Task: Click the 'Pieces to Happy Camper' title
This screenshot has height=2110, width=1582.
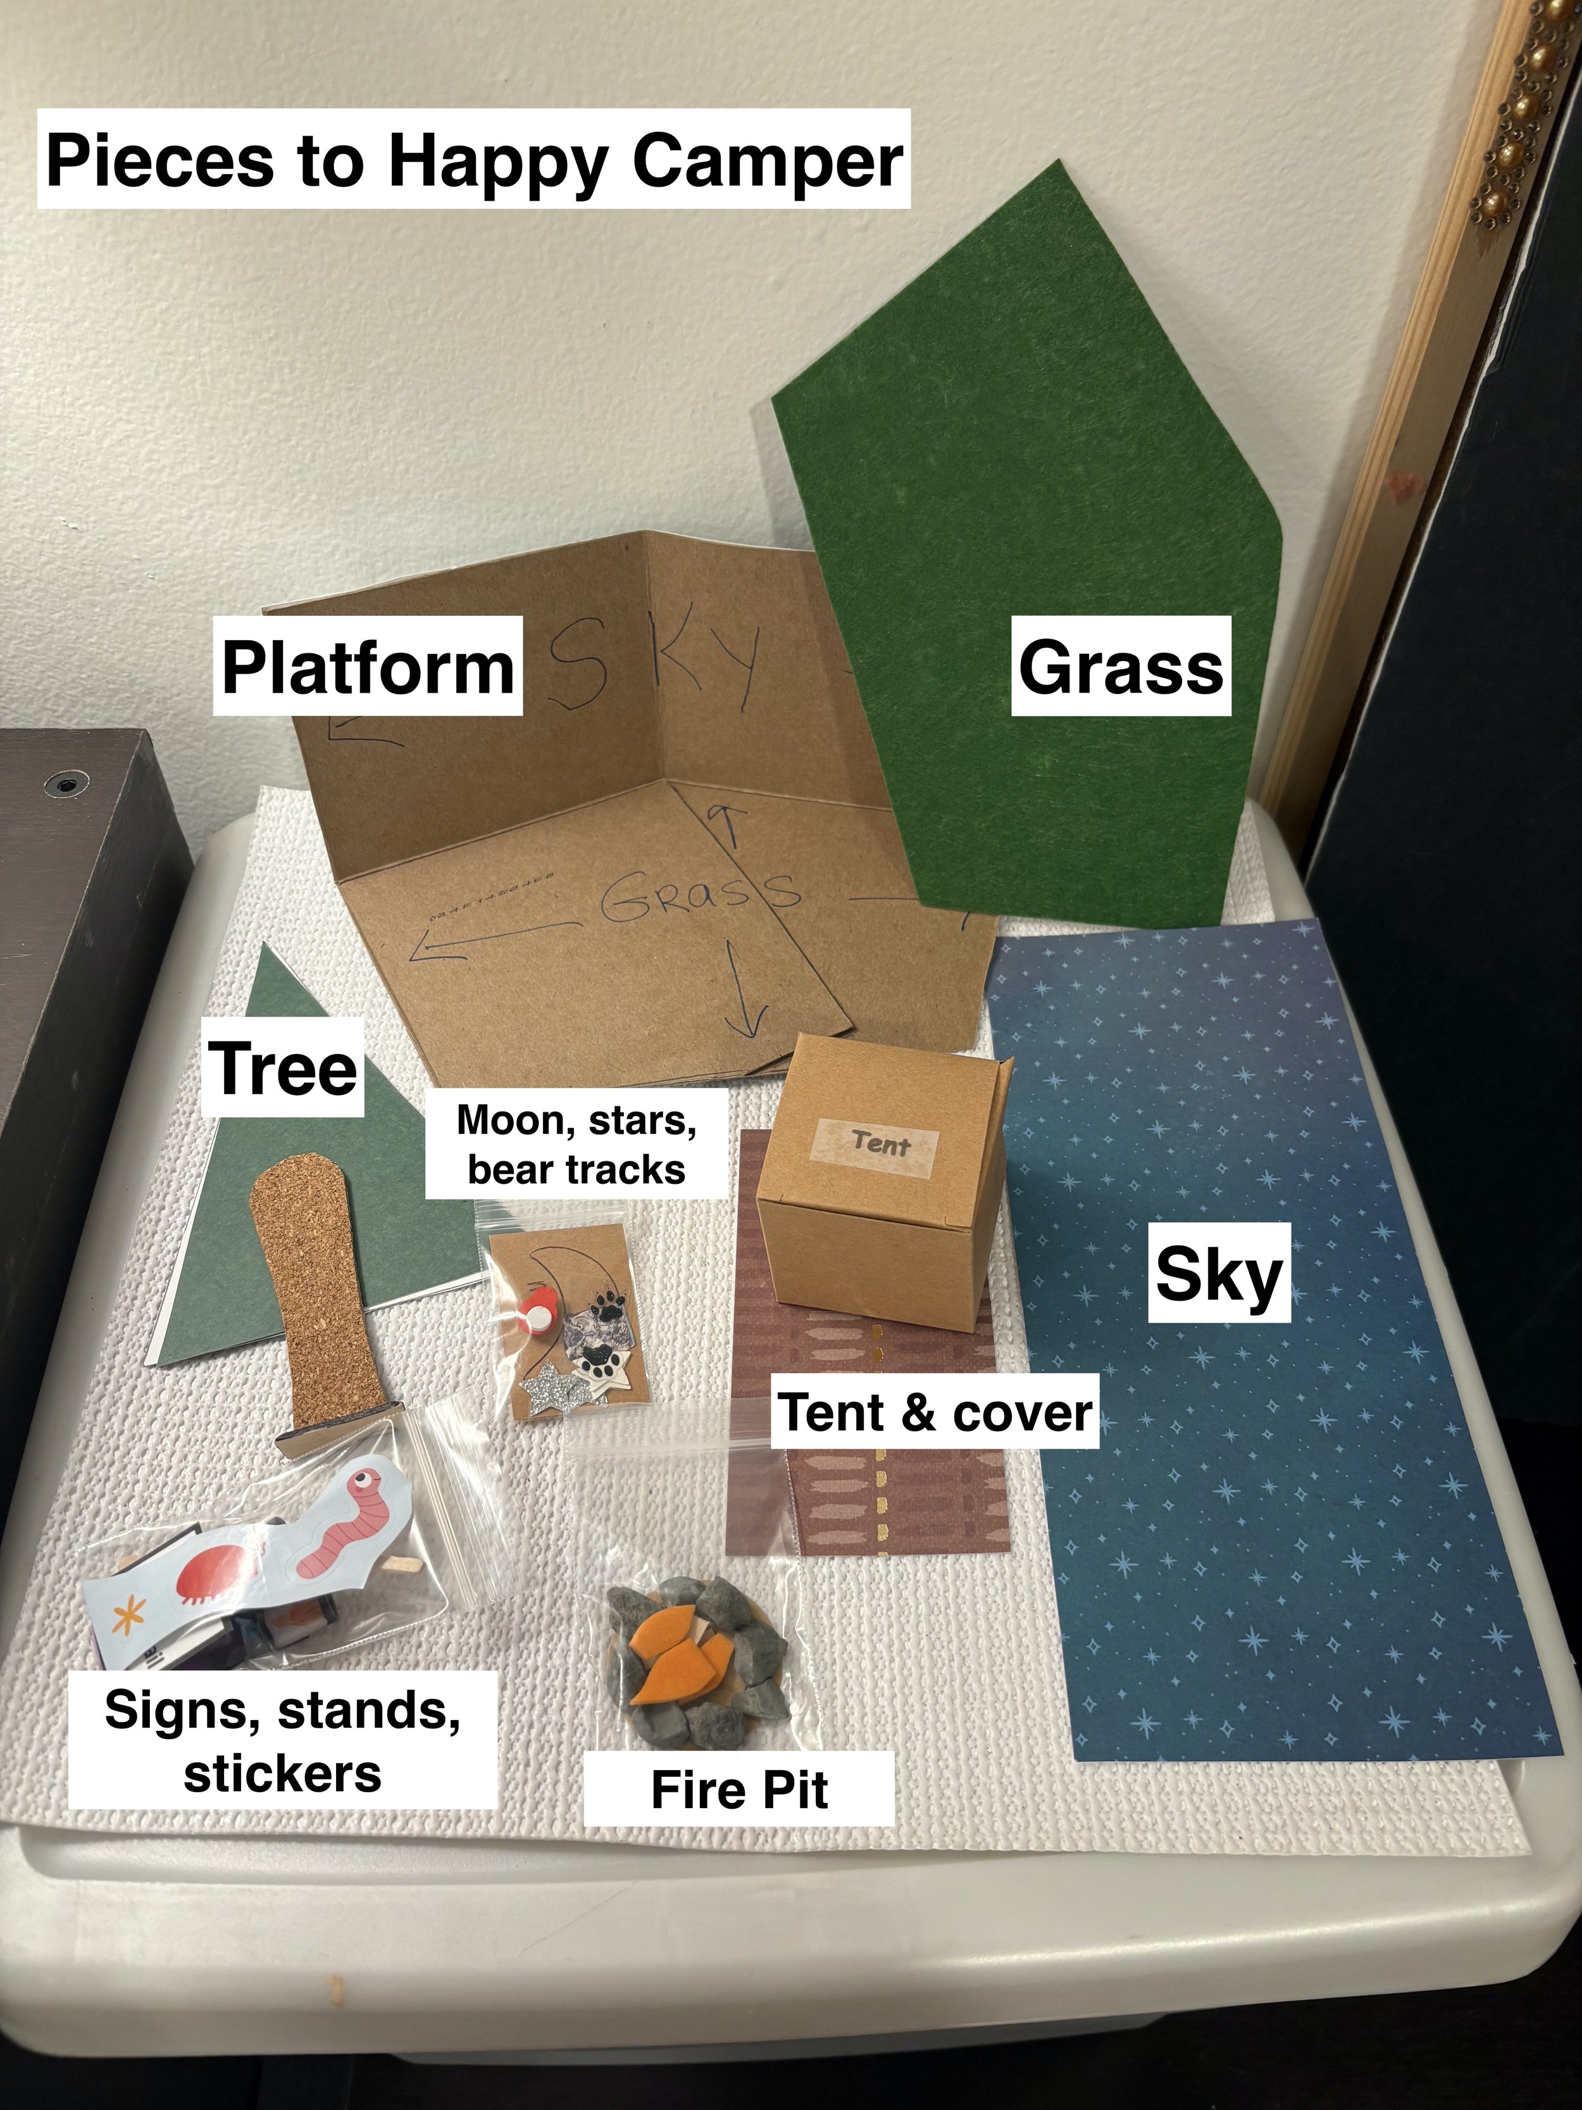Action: (x=474, y=160)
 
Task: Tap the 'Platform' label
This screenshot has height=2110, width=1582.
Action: (x=367, y=667)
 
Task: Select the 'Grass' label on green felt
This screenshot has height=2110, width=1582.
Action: (x=1121, y=667)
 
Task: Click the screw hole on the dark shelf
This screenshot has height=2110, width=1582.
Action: (x=65, y=785)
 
